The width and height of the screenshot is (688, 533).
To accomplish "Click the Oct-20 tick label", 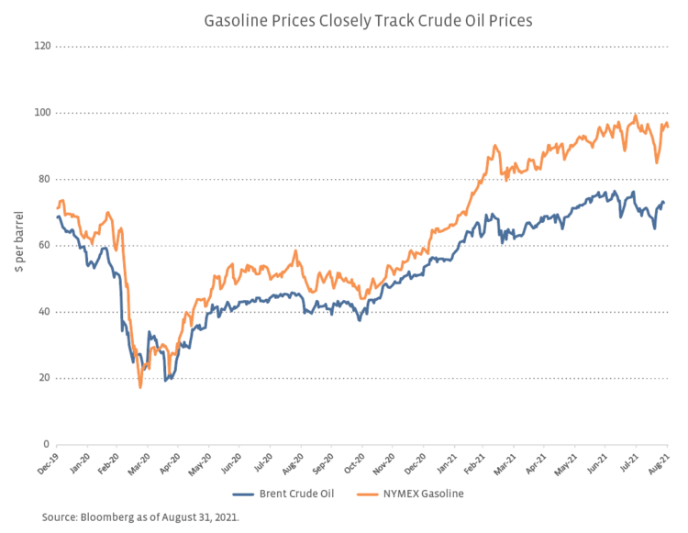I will point(352,463).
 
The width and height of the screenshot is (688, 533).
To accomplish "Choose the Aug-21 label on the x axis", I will point(659,463).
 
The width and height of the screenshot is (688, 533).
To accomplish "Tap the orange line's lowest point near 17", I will point(140,387).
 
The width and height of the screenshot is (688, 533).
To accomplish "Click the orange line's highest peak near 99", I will point(635,116).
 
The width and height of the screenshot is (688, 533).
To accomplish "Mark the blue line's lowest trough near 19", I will point(165,380).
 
